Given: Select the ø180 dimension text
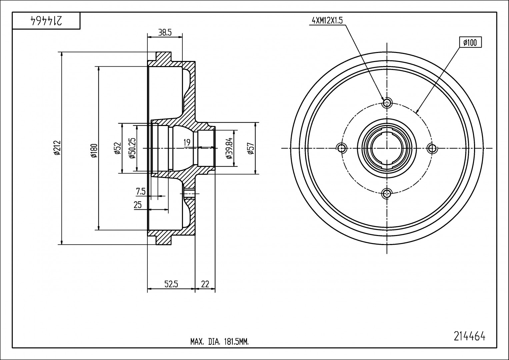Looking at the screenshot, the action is pos(94,151).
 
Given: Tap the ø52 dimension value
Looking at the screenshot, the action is pos(117,149).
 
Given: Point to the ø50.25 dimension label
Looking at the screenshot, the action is pos(132,148).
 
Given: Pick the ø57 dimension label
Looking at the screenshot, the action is pos(251,149).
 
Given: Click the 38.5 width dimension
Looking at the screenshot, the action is pos(165,33).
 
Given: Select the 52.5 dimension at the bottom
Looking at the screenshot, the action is pos(171,284).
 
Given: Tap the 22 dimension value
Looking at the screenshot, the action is pos(205,284).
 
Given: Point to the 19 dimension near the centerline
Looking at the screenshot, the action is pos(187,143).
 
